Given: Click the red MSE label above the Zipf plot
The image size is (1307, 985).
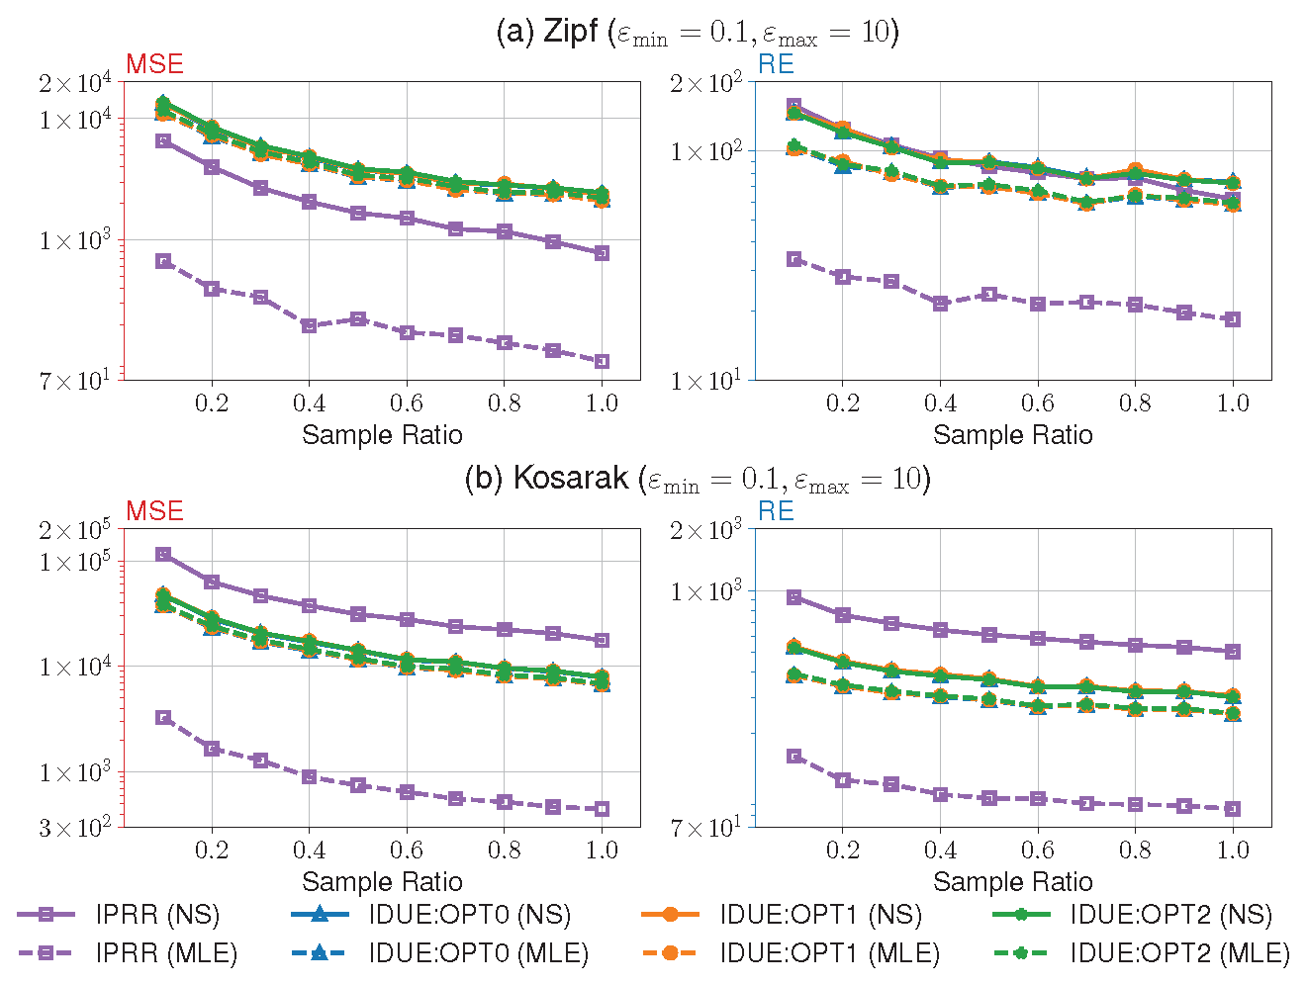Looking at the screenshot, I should (x=154, y=64).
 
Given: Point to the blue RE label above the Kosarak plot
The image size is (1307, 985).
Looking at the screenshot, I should (x=776, y=511).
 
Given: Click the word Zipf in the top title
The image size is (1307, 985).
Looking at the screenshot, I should (x=571, y=32).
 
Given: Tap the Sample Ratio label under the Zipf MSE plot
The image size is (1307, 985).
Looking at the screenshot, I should (x=382, y=435).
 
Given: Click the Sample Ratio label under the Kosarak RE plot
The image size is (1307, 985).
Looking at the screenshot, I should (x=1012, y=882).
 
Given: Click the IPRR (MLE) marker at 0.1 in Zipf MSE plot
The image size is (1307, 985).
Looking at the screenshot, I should (x=163, y=261).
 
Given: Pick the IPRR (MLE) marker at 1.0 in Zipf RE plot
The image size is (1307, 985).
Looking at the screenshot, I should (x=1233, y=319).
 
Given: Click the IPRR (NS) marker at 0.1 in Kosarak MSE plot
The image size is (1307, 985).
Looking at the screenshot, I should (x=163, y=555).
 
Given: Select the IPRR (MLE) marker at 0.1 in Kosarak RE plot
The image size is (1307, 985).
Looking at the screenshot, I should (x=794, y=757).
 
